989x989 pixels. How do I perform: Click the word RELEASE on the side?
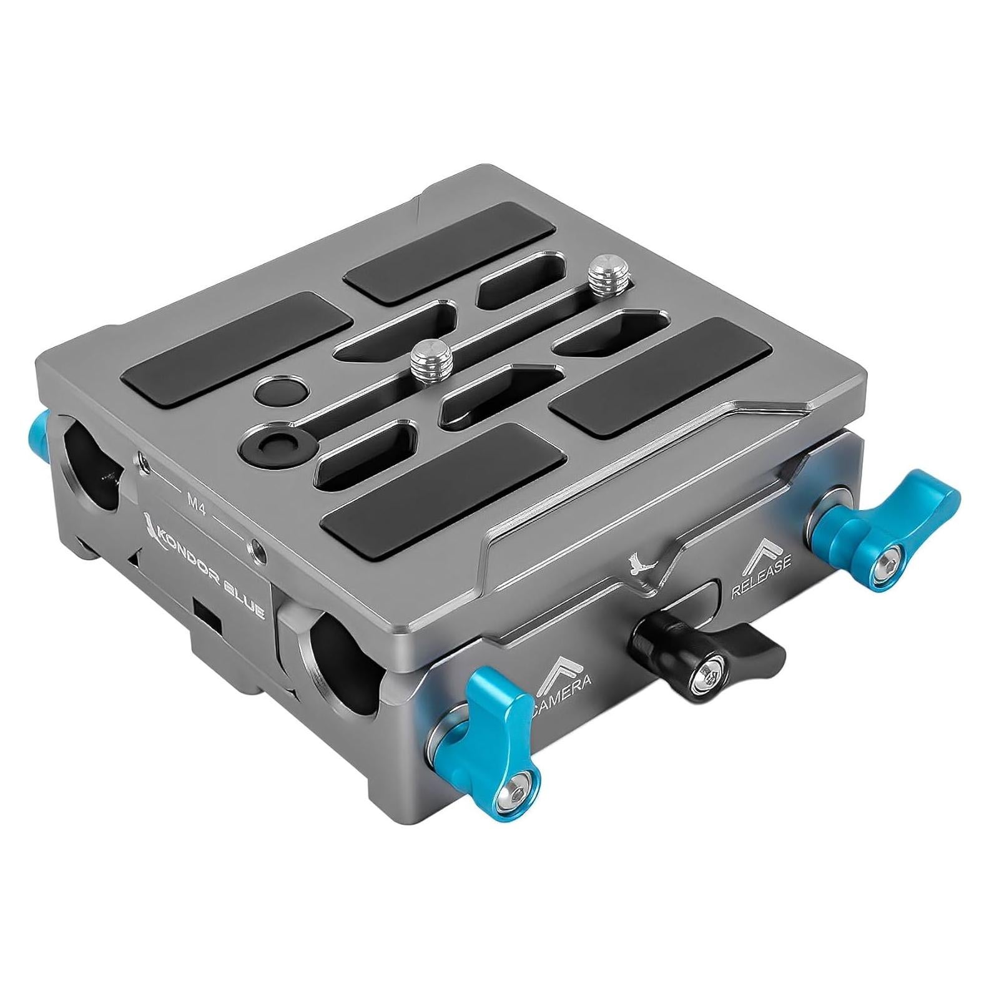pos(760,577)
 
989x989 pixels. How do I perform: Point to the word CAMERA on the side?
pos(562,692)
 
